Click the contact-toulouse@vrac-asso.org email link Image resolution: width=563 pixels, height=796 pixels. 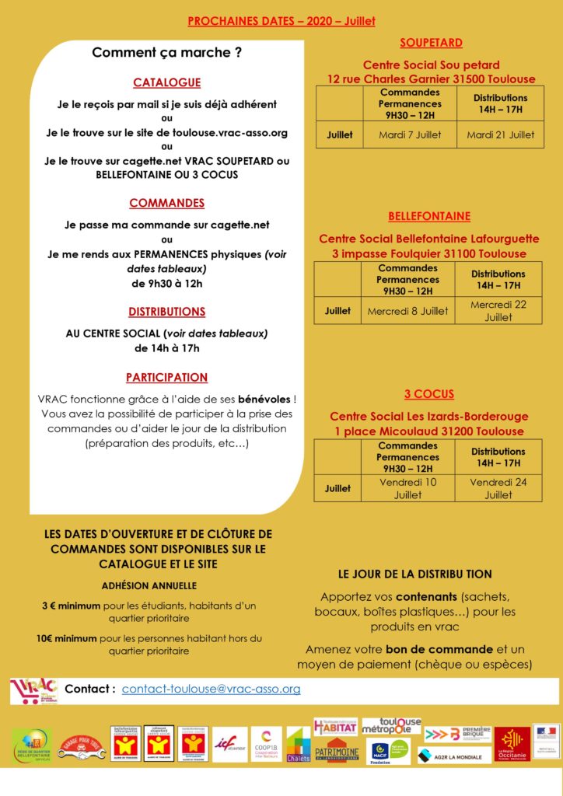coord(211,689)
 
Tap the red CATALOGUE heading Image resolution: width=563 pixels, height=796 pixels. coord(166,82)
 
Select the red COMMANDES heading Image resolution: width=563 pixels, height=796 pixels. coord(166,203)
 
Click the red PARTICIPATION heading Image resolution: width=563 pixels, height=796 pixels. coord(166,378)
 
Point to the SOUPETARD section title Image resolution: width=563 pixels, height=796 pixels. coord(431,43)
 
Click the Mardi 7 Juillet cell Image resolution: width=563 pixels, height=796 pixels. coord(410,134)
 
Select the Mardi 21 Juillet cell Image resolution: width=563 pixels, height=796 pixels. coord(500,134)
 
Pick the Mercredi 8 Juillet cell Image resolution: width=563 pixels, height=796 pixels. coord(407,311)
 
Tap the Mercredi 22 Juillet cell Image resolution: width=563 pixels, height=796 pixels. coord(498,311)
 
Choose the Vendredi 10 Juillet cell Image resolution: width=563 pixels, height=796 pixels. coord(407,488)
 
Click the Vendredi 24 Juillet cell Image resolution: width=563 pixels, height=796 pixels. coord(498,488)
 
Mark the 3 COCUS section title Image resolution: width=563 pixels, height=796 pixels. coord(429,394)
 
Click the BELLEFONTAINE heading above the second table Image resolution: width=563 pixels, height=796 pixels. coord(429,216)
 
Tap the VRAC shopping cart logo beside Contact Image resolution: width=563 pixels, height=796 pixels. coord(33,690)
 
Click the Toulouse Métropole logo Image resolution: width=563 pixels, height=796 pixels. coord(391,727)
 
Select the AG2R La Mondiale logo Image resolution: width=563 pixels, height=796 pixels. coord(455,756)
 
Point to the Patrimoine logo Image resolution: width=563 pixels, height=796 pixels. coord(336,750)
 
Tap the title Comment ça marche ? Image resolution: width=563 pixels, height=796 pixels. coord(166,53)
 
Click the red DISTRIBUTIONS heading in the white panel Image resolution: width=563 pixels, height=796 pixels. coord(166,312)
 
